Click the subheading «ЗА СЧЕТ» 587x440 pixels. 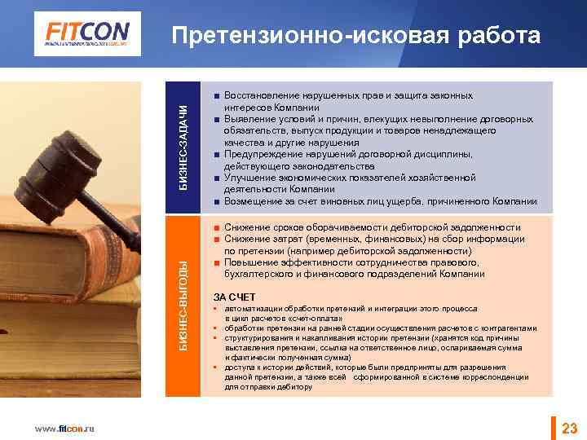click(x=234, y=297)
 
